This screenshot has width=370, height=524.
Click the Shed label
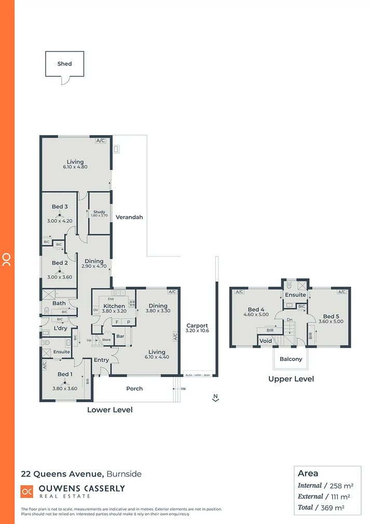pos(64,64)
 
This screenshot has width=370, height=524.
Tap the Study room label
pos(99,212)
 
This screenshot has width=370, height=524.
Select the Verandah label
pos(129,217)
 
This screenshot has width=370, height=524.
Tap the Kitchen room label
pos(114,306)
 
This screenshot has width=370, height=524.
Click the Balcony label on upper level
pos(290,359)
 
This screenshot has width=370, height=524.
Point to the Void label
pos(265,341)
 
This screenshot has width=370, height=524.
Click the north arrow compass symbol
pos(215,398)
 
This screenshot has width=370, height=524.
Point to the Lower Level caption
pos(109,410)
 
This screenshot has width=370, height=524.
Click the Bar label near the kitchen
pos(120,337)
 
